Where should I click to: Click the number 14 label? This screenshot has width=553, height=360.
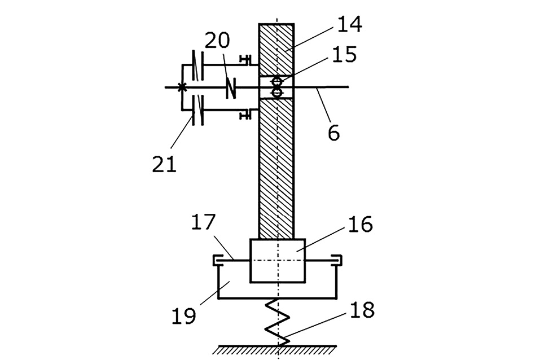point(349,25)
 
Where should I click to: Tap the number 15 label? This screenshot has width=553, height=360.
point(344,55)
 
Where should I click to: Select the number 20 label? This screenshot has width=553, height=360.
point(217,40)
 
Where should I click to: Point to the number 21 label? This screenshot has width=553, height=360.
point(164,164)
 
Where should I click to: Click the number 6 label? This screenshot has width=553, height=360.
point(333,133)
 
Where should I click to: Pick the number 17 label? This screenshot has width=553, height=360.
point(203,222)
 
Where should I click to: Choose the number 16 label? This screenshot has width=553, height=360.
point(360,224)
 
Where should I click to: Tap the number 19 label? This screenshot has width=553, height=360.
point(184,315)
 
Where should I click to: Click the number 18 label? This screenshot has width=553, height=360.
point(362,310)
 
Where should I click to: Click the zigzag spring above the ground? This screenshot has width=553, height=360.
point(278,322)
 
